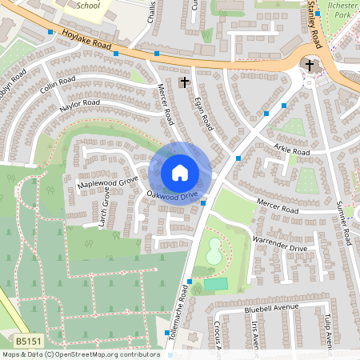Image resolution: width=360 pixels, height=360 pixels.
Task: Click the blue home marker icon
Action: [x=180, y=173]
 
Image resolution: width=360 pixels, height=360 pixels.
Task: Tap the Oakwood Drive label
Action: [x=171, y=194]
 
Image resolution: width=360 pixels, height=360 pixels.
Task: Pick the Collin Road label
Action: [x=57, y=86]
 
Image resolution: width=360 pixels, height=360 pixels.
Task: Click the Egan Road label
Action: [x=204, y=111]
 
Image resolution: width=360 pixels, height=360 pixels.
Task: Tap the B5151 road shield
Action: [x=29, y=341]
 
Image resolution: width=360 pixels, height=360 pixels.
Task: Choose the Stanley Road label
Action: [x=310, y=24]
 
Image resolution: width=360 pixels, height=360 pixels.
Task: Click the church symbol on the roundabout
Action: [x=310, y=65]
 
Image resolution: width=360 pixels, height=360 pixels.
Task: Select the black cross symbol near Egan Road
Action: [x=185, y=82]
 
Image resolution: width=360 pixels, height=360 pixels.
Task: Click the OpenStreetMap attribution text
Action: [x=80, y=354]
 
